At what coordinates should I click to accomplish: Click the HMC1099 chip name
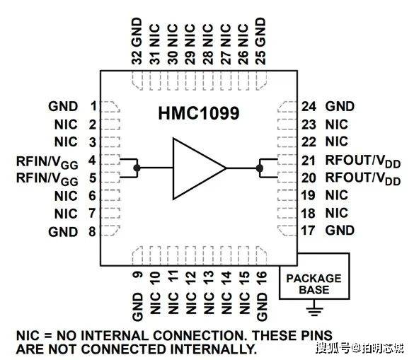click(x=199, y=113)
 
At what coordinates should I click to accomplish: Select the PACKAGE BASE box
click(x=314, y=276)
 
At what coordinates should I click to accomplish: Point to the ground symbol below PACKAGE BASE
click(x=315, y=308)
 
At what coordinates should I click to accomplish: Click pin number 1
click(x=93, y=106)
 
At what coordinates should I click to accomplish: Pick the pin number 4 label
click(x=92, y=161)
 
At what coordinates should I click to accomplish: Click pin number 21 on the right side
click(x=309, y=161)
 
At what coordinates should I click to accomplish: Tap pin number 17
click(x=308, y=231)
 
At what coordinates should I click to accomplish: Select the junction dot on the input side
click(x=137, y=168)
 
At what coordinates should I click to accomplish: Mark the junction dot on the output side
click(x=260, y=168)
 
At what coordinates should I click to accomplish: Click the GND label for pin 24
click(x=340, y=106)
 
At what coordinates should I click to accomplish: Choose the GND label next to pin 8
click(x=63, y=232)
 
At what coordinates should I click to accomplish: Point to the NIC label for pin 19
click(x=337, y=195)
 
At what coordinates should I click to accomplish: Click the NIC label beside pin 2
click(x=66, y=124)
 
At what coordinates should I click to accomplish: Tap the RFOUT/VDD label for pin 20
click(x=363, y=178)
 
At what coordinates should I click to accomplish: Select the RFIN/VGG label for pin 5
click(x=47, y=179)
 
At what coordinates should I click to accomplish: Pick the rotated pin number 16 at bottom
click(x=262, y=278)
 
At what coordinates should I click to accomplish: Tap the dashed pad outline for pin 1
click(x=110, y=107)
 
